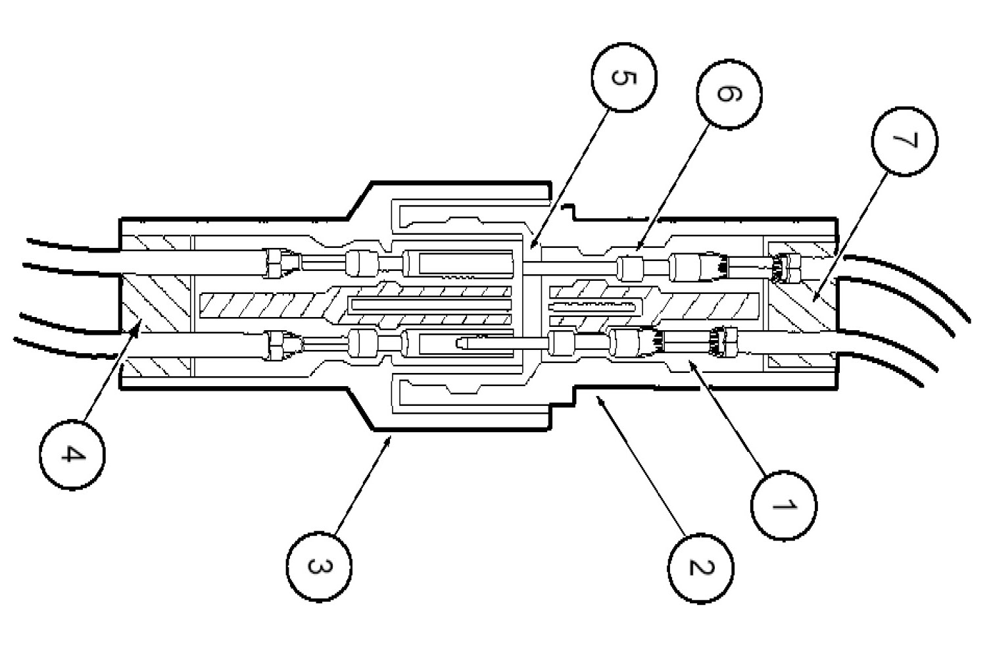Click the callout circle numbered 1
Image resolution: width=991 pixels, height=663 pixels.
[784, 505]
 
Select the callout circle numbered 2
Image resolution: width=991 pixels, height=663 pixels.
[701, 566]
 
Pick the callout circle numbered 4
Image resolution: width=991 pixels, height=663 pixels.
[72, 454]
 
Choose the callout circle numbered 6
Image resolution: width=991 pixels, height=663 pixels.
[728, 93]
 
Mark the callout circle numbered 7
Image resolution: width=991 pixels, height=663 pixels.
[905, 141]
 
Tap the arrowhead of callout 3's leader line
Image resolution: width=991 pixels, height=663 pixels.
[393, 439]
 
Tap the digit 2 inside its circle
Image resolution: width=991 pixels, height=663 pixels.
[701, 566]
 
